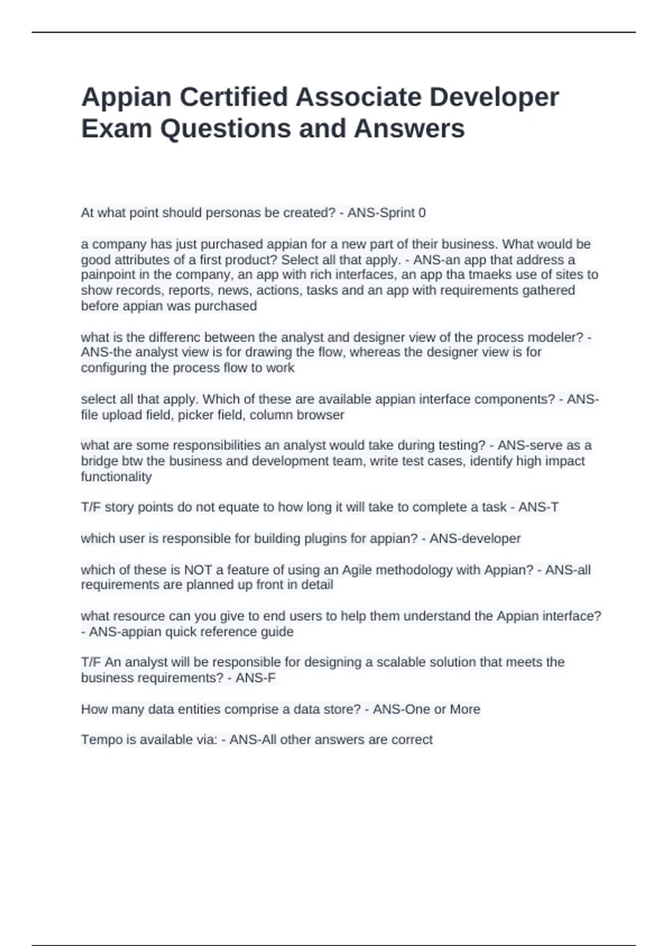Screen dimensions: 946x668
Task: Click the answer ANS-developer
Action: (475, 539)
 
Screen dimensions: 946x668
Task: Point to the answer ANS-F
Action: (256, 678)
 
